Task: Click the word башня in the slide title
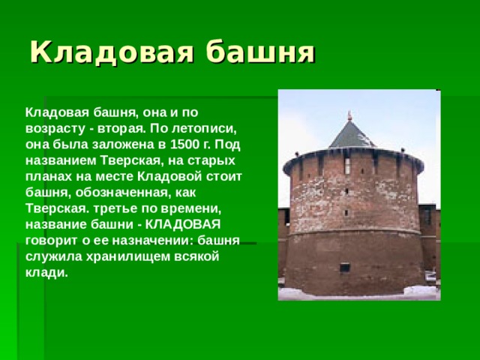[x=259, y=52]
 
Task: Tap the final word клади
[x=46, y=272]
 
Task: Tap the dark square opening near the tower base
[x=344, y=267]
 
